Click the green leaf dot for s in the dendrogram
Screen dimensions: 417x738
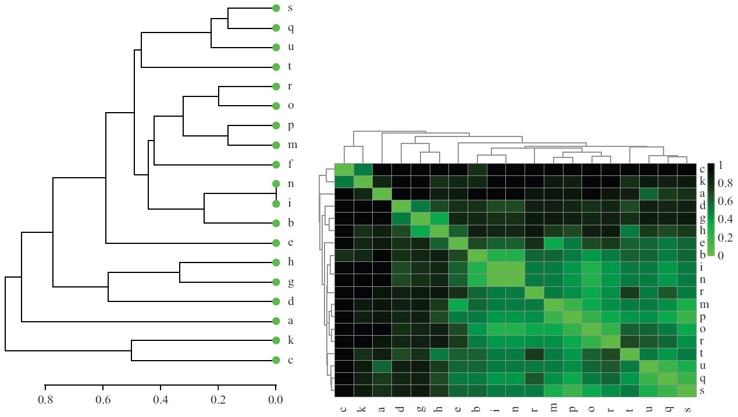[x=276, y=8]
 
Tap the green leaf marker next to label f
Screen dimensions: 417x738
[x=276, y=164]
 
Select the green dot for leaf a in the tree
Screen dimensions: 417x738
[x=276, y=321]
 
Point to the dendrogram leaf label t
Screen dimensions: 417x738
[x=291, y=67]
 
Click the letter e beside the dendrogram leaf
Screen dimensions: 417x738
[x=291, y=243]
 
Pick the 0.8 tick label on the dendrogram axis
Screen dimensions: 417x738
[x=45, y=400]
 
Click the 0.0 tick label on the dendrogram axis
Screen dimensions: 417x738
[x=276, y=400]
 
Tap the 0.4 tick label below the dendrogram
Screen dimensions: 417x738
[x=161, y=400]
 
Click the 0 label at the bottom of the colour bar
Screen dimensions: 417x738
[x=721, y=254]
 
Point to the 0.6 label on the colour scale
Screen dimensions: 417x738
[x=725, y=201]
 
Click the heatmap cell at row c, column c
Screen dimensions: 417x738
[x=344, y=170]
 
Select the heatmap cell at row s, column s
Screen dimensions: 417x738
[x=687, y=391]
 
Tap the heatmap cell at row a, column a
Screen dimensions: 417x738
[x=382, y=194]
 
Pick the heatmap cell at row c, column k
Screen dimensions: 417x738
[x=363, y=170]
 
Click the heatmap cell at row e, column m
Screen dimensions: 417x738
[x=554, y=243]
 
